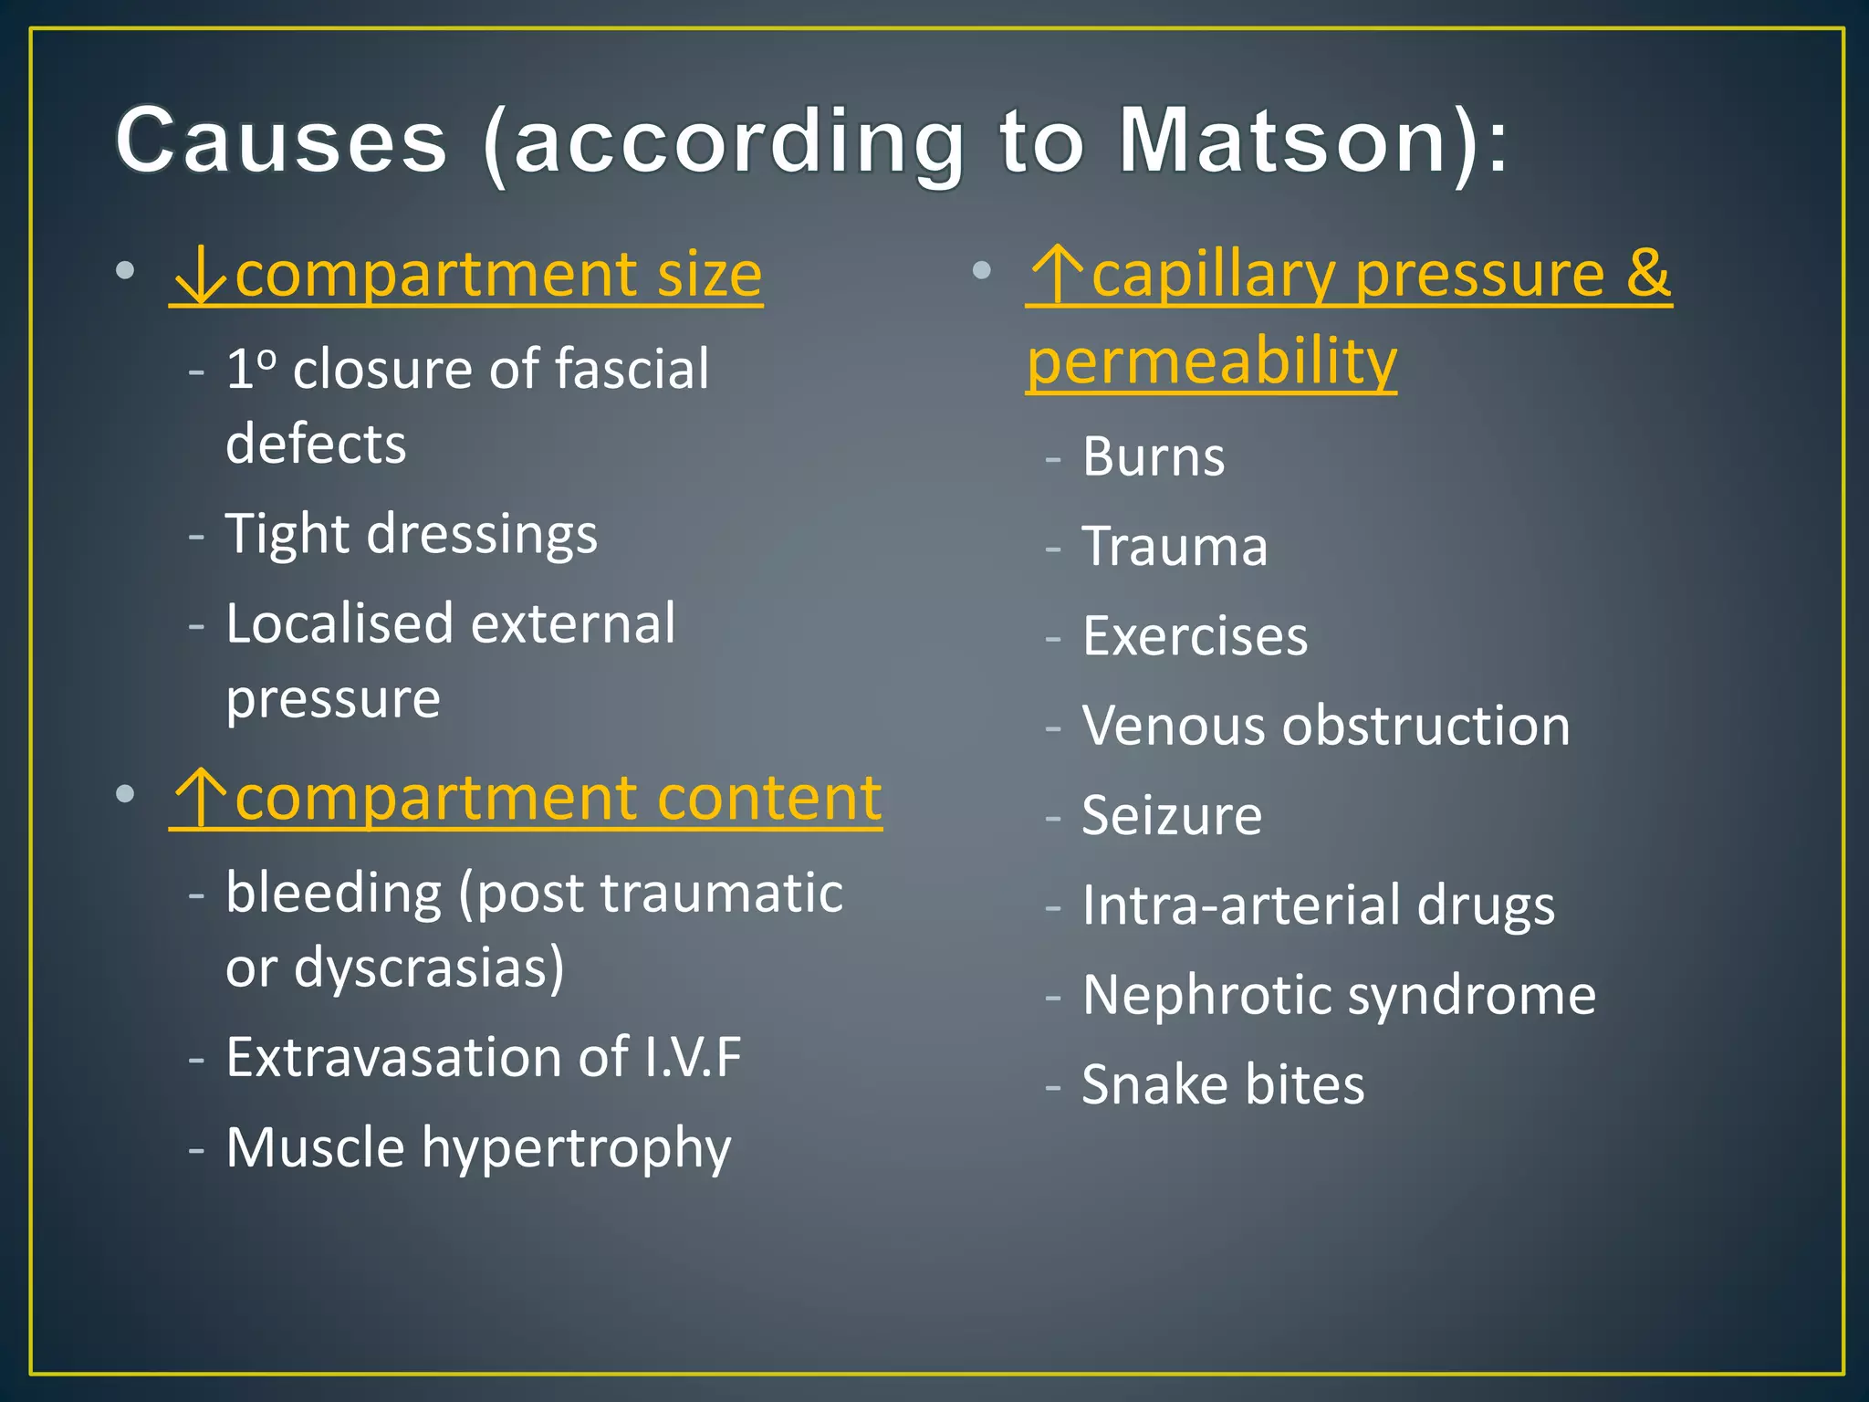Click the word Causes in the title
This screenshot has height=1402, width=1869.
[281, 141]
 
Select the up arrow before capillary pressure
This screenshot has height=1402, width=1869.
[1057, 276]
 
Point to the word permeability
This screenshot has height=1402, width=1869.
[1211, 361]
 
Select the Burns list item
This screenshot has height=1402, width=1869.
[1153, 456]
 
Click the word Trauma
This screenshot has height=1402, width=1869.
[1175, 547]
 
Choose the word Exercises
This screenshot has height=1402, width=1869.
[1195, 636]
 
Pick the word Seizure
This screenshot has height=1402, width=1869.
[1172, 815]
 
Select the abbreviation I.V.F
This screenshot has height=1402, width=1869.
[693, 1058]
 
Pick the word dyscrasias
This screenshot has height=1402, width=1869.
[429, 968]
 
